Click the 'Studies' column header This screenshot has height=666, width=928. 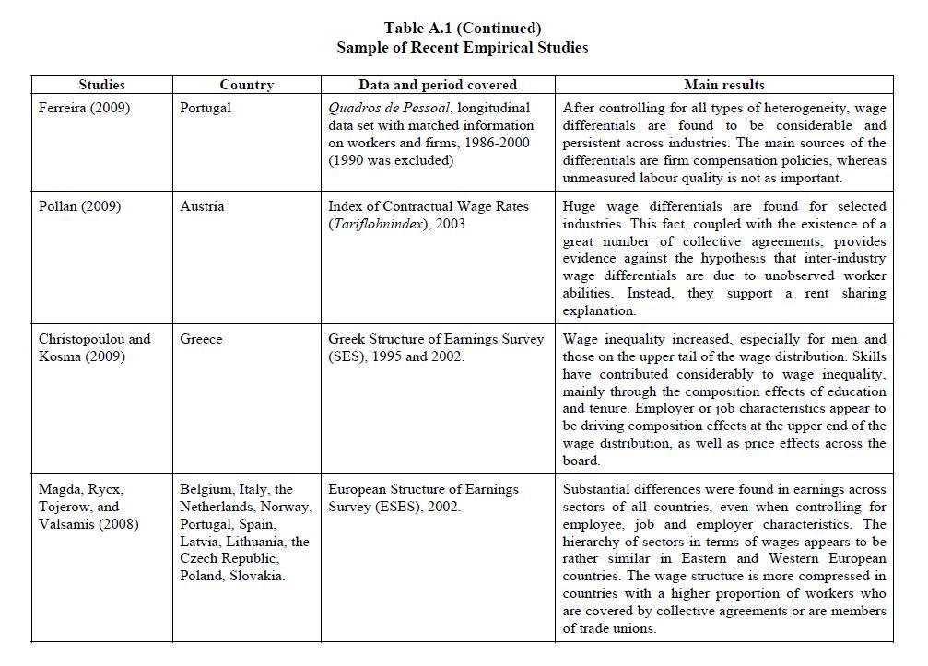(101, 85)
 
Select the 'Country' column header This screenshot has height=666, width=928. (246, 85)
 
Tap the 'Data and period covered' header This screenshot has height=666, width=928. (438, 85)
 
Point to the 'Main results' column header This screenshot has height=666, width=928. (724, 85)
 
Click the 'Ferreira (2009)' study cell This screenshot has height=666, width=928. (85, 108)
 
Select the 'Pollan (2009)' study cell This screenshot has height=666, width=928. (79, 206)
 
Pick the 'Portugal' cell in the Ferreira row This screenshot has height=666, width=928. (206, 108)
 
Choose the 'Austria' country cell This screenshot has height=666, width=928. (202, 206)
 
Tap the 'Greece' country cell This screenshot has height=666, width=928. (201, 339)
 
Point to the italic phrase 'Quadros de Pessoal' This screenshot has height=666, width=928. (389, 108)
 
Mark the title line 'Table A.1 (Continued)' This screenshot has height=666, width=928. (463, 28)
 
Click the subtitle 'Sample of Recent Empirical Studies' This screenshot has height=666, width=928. (463, 47)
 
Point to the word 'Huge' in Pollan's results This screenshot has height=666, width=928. (580, 206)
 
